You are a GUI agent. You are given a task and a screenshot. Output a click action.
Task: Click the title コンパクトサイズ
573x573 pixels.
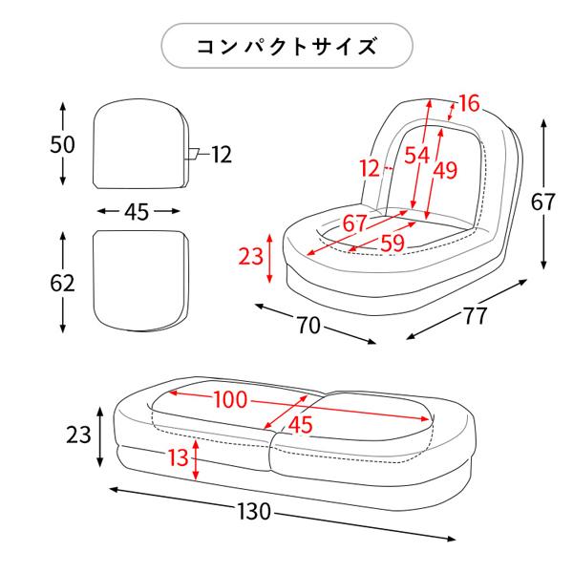[x=286, y=47]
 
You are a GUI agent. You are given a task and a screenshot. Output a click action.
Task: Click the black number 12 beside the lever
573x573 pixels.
[x=222, y=154]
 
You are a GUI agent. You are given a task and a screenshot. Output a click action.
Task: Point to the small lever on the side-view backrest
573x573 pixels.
[x=191, y=153]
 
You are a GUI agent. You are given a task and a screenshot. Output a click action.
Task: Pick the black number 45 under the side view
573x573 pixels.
[x=137, y=212]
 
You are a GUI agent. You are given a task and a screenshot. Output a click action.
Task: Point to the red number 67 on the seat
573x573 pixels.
[x=355, y=223]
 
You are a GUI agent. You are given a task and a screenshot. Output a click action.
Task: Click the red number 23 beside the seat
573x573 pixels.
[x=250, y=256]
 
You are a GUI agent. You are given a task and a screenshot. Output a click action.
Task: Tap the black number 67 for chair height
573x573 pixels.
[x=542, y=202]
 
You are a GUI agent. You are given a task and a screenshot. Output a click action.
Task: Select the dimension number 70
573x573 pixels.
[x=308, y=325]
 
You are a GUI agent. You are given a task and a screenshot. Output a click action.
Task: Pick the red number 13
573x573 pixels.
[x=178, y=458]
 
